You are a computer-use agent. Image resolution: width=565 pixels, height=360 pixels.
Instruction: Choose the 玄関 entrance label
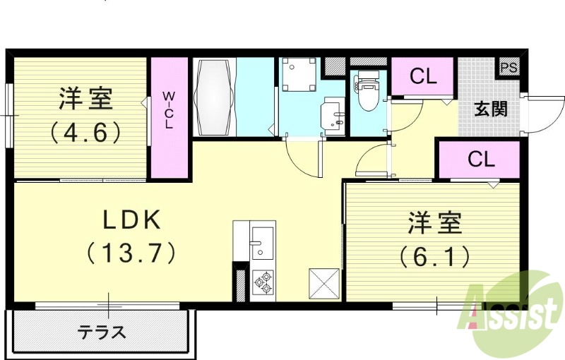click(490, 109)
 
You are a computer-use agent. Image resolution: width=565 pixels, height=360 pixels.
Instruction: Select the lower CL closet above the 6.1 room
click(481, 160)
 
